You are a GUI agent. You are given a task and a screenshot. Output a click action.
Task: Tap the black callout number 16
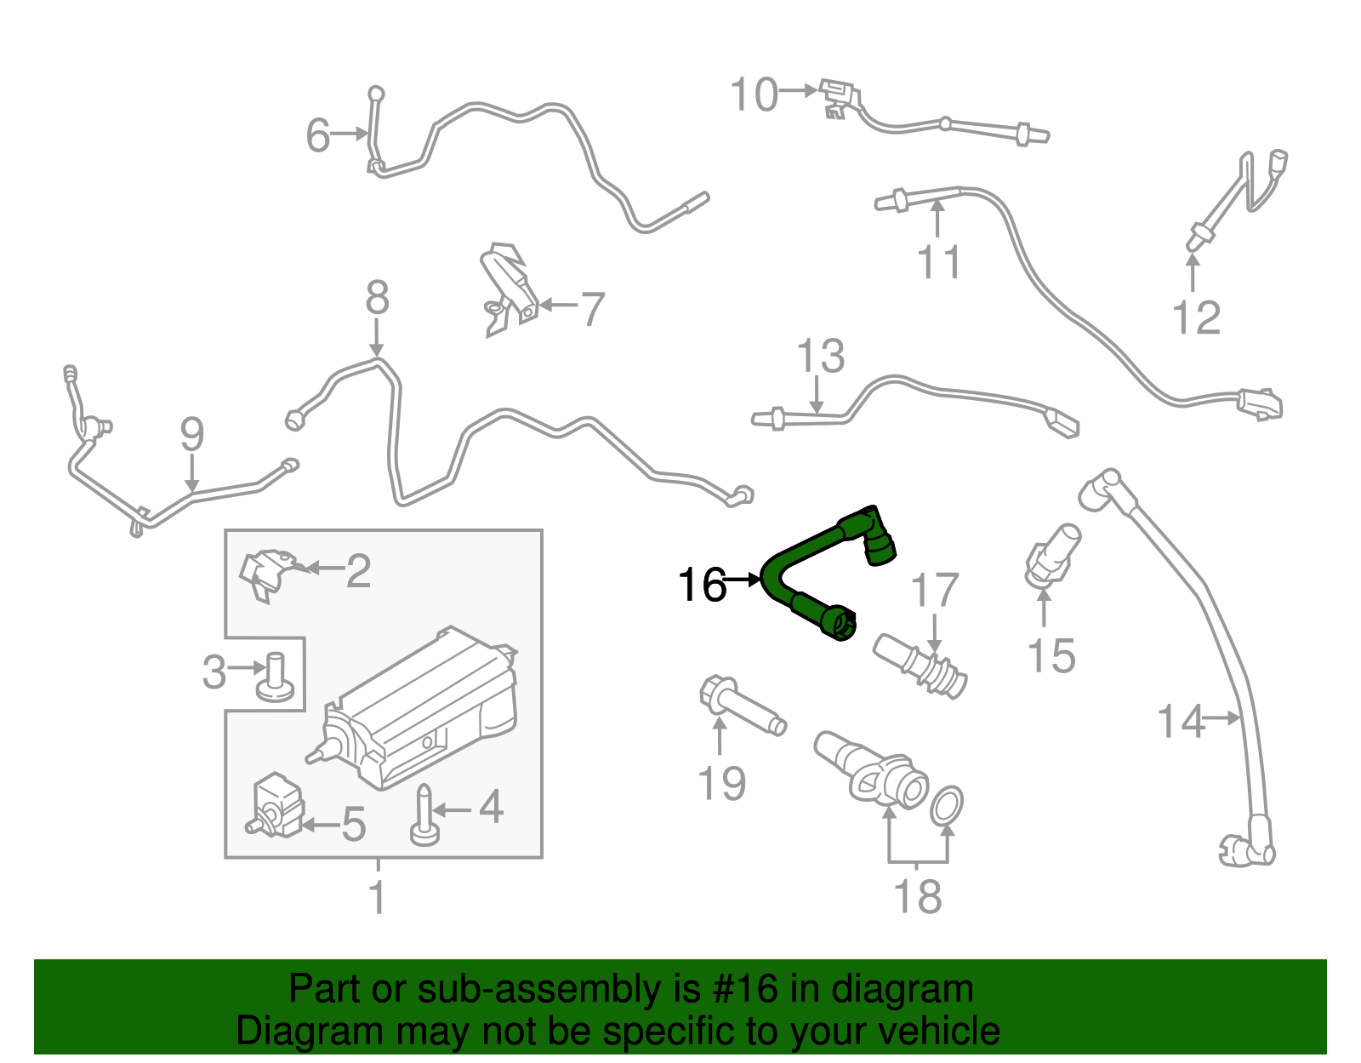click(x=702, y=585)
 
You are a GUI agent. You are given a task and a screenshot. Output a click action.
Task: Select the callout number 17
click(x=934, y=592)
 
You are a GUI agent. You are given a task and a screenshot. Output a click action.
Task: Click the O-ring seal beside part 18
click(x=947, y=805)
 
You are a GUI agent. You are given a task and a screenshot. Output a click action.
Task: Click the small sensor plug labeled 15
click(x=1052, y=557)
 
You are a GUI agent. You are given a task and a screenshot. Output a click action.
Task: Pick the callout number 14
click(x=1181, y=722)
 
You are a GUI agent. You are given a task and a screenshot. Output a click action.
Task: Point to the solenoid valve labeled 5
click(x=276, y=805)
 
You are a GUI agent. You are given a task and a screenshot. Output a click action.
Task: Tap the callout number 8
click(x=377, y=299)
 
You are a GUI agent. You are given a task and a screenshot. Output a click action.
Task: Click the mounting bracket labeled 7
click(x=509, y=288)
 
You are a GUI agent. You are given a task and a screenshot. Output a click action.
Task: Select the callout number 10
click(x=754, y=94)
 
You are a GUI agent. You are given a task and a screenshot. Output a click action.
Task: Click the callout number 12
click(x=1196, y=317)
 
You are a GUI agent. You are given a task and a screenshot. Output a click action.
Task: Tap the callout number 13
click(x=821, y=357)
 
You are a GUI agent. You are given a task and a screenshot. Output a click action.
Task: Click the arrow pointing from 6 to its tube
click(x=349, y=134)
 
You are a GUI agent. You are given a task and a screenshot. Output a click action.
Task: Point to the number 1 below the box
click(x=378, y=898)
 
